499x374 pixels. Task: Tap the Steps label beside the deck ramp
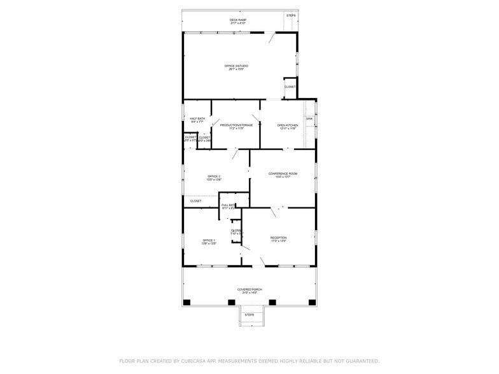coord(291,15)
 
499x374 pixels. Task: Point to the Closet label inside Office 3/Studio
coord(290,87)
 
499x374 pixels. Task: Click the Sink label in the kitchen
coord(309,119)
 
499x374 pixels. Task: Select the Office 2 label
coord(214,177)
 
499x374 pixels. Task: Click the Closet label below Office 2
coord(195,201)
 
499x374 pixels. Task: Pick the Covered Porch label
coord(248,291)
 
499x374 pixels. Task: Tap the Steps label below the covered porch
coord(250,315)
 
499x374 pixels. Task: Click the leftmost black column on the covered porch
coord(186,302)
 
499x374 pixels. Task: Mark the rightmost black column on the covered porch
coord(312,302)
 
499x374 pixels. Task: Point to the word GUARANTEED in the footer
coord(358,361)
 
